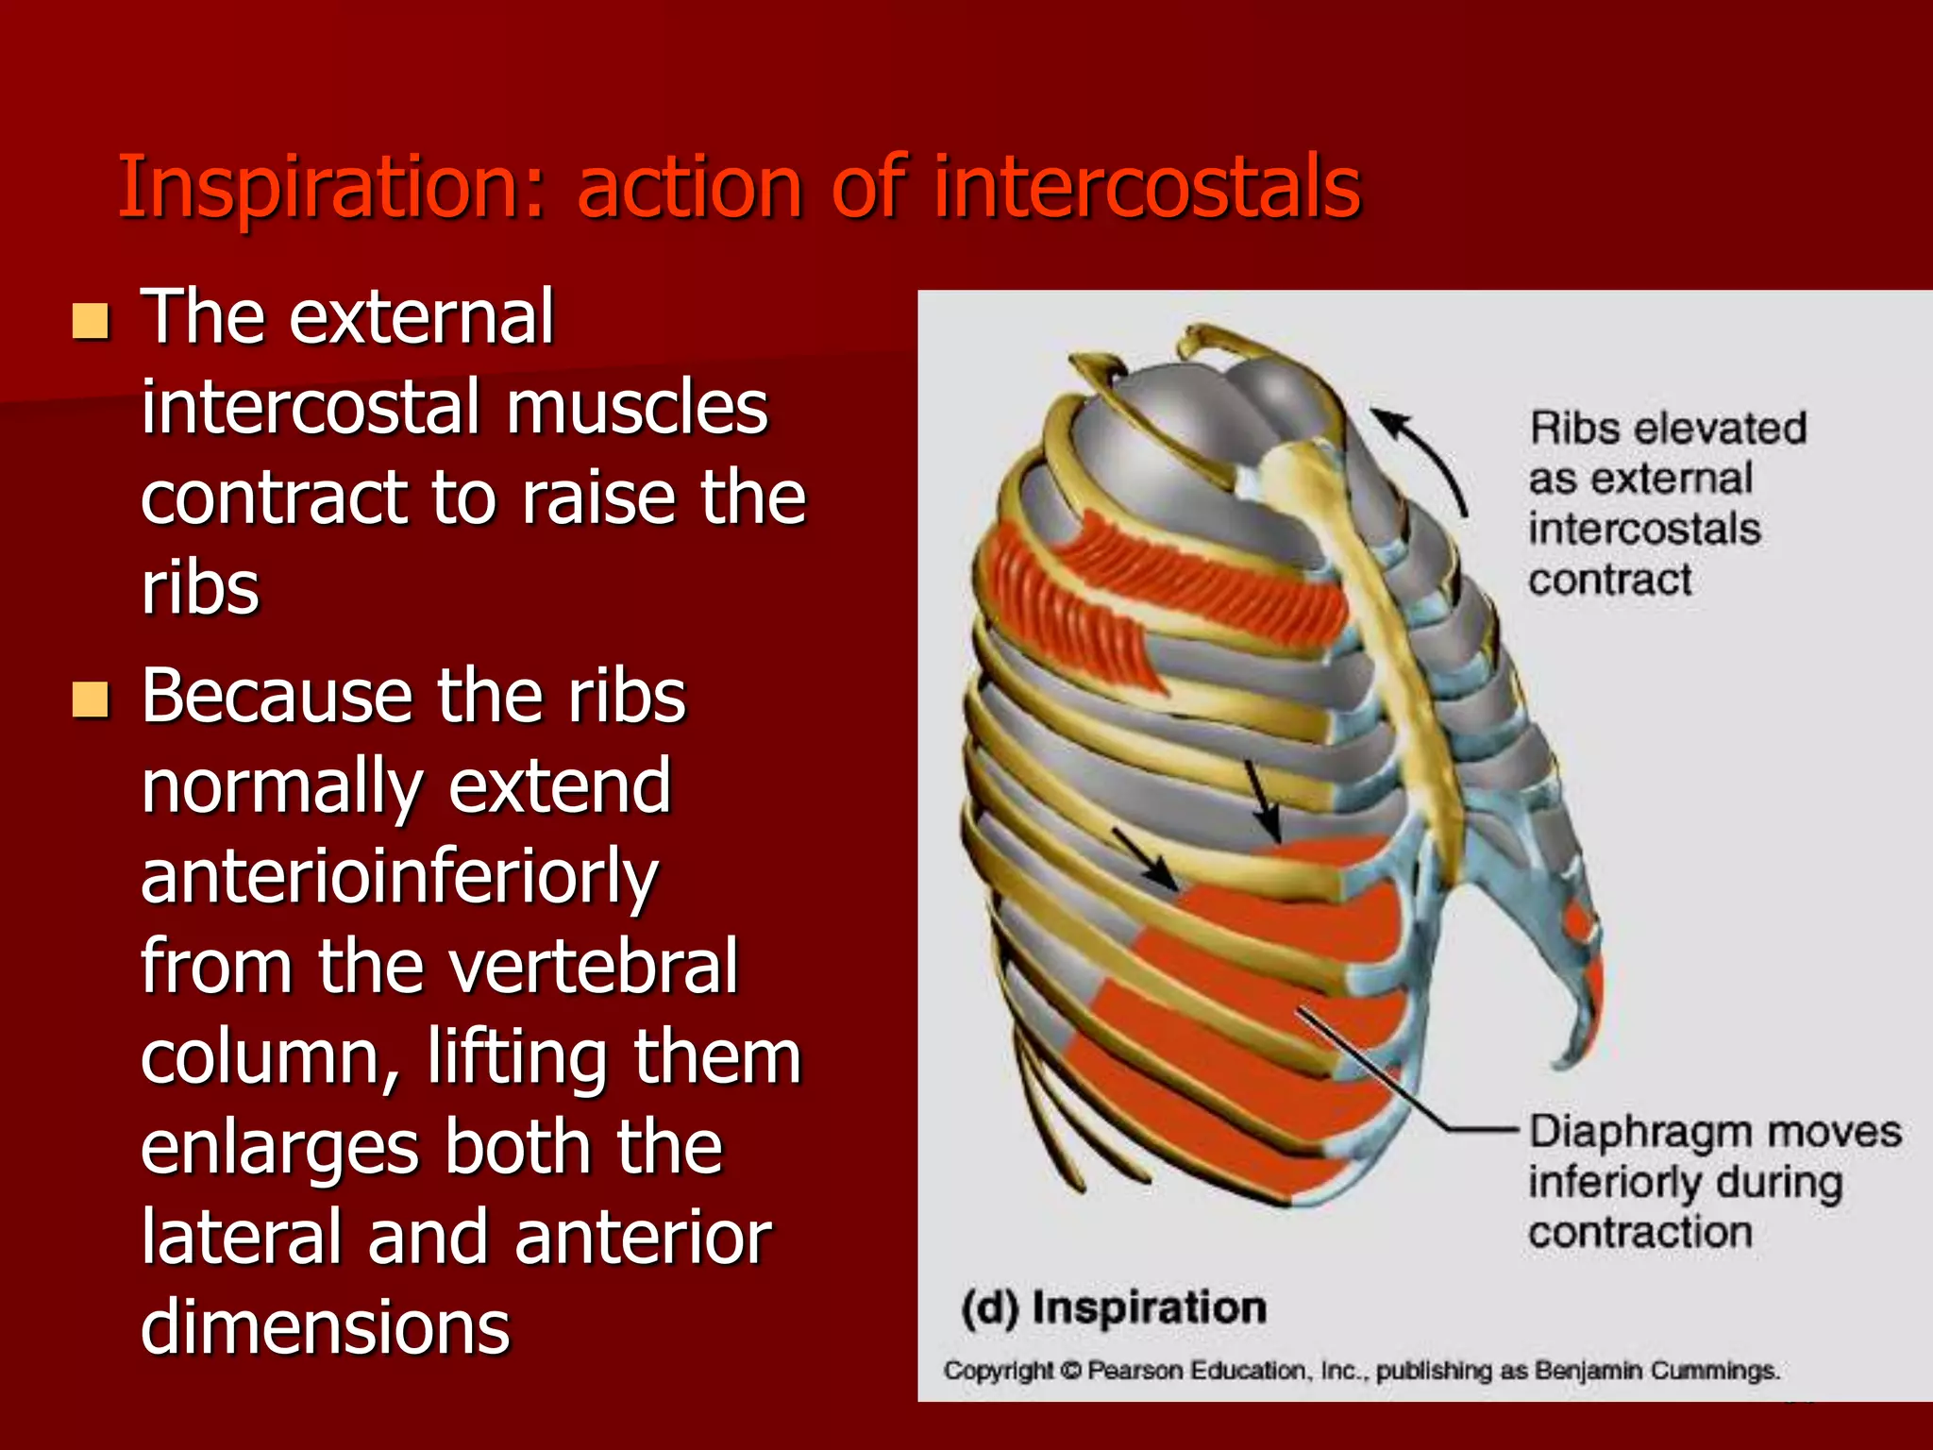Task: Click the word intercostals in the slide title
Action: click(1147, 187)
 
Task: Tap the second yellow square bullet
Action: click(91, 700)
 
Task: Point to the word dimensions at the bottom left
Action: click(325, 1326)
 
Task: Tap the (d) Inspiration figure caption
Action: click(1114, 1307)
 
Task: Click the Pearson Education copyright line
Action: click(1359, 1370)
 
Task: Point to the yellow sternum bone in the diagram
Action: click(1378, 642)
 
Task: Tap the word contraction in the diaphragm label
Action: click(1640, 1233)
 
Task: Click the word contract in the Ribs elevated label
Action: click(1609, 580)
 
